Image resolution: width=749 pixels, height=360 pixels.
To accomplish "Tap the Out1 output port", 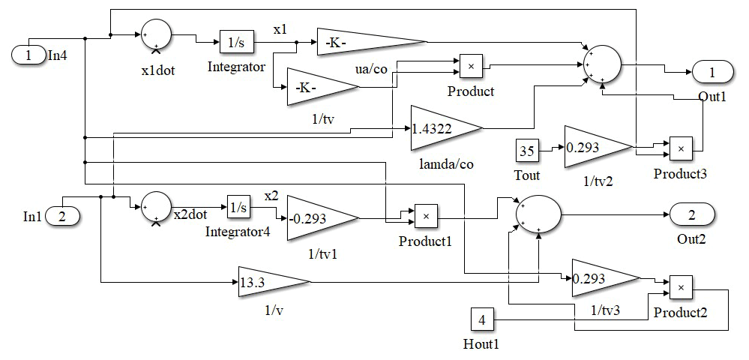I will point(713,72).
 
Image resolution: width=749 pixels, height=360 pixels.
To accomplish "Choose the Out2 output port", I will point(691,216).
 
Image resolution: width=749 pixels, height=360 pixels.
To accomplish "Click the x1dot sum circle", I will point(156,34).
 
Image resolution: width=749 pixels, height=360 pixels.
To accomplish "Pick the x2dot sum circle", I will point(157,206).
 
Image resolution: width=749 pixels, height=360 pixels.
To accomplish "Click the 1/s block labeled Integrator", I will point(236,43).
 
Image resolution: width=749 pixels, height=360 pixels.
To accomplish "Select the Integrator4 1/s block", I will point(238,206).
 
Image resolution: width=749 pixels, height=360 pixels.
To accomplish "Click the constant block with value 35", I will point(527,151).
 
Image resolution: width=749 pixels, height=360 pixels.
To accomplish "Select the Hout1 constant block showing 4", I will point(482,320).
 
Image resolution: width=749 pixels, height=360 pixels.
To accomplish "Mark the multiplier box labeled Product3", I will point(681,148).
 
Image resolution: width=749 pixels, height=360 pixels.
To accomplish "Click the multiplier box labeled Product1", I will point(426,217).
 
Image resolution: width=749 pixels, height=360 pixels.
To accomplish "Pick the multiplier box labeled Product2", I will point(681,287).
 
